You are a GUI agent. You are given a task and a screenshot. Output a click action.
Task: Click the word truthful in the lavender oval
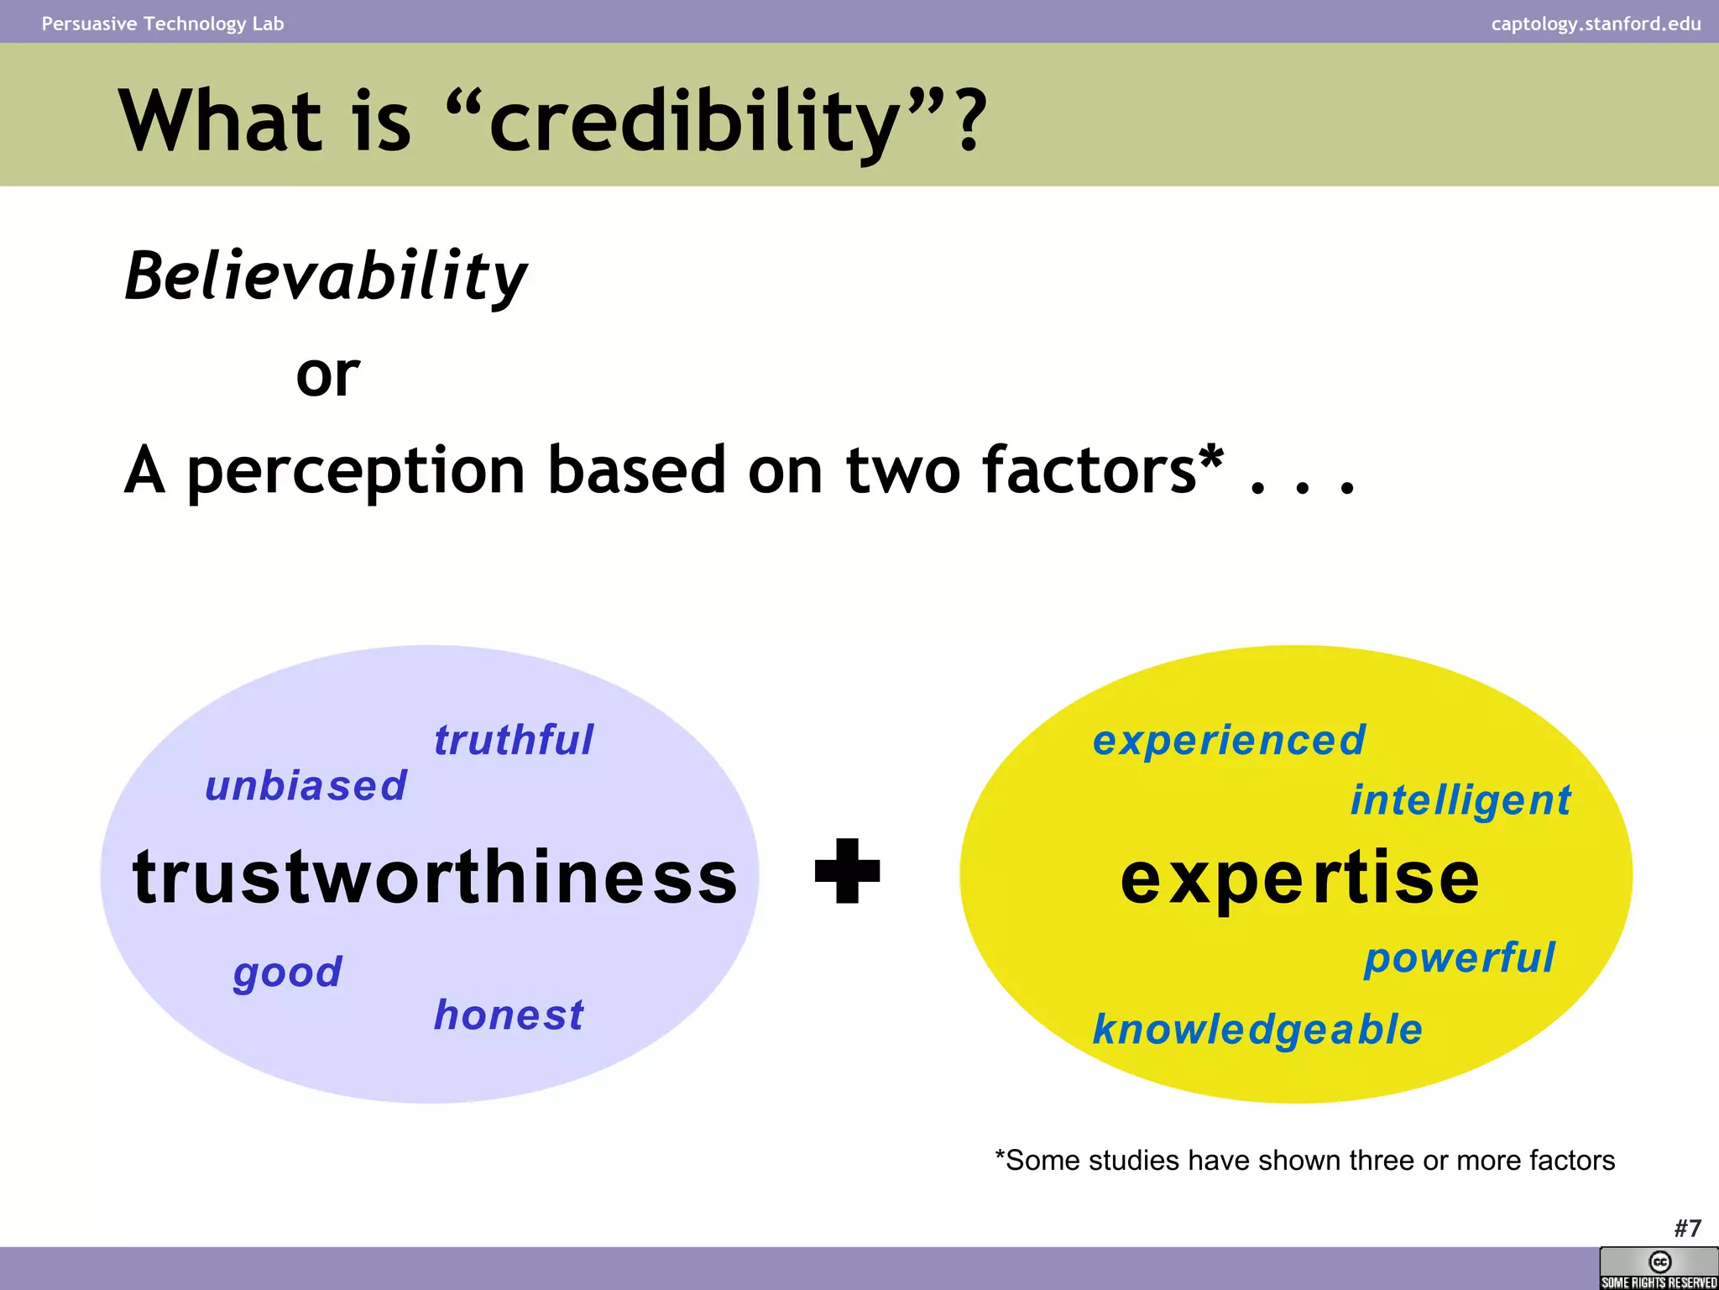pyautogui.click(x=513, y=741)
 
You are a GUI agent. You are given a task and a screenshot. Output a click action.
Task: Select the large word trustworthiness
pyautogui.click(x=435, y=878)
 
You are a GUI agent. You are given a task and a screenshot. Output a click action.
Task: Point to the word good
pyautogui.click(x=288, y=973)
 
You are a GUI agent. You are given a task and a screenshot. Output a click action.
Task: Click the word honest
pyautogui.click(x=509, y=1015)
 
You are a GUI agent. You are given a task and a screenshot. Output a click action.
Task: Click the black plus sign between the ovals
pyautogui.click(x=848, y=872)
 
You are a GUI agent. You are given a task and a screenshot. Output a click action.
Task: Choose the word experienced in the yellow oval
pyautogui.click(x=1229, y=741)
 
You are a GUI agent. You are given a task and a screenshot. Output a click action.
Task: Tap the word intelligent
pyautogui.click(x=1460, y=800)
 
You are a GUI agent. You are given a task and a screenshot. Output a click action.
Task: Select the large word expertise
pyautogui.click(x=1299, y=878)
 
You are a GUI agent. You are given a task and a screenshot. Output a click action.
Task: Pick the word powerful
pyautogui.click(x=1460, y=957)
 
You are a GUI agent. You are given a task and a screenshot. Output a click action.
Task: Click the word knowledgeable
pyautogui.click(x=1257, y=1030)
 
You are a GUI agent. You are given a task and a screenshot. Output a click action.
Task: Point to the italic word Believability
pyautogui.click(x=326, y=277)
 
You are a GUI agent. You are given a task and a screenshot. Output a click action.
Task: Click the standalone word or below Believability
pyautogui.click(x=327, y=375)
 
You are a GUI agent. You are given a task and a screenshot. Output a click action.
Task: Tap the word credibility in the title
pyautogui.click(x=695, y=122)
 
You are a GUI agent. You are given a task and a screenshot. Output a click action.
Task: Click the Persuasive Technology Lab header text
pyautogui.click(x=163, y=24)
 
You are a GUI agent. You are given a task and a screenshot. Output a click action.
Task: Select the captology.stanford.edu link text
pyautogui.click(x=1596, y=24)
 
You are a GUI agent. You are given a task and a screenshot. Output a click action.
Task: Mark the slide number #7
pyautogui.click(x=1687, y=1229)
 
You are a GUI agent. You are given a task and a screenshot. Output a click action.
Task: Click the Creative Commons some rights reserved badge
pyautogui.click(x=1659, y=1268)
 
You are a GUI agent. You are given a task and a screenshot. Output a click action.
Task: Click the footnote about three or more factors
pyautogui.click(x=1304, y=1161)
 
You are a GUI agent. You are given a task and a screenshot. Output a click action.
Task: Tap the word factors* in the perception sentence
pyautogui.click(x=1103, y=470)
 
